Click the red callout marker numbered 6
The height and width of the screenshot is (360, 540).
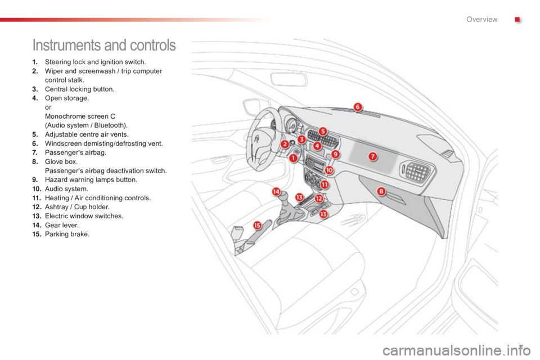pos(358,107)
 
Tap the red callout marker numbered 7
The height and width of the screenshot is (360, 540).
pos(372,157)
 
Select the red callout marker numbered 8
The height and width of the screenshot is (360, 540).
pos(381,191)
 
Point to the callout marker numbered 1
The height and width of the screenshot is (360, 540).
pos(293,159)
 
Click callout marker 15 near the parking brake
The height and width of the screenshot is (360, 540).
pos(257,226)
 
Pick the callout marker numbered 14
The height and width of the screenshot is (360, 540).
pos(276,192)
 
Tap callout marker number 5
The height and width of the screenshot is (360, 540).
pos(323,131)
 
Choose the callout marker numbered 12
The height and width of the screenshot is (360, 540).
pos(319,199)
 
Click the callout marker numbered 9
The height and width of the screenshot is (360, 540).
pos(335,154)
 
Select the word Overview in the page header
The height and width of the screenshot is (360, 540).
pos(482,19)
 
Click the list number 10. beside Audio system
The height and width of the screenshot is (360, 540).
pos(37,189)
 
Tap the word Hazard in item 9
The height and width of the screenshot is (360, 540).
pos(56,180)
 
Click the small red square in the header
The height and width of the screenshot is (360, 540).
pos(517,20)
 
